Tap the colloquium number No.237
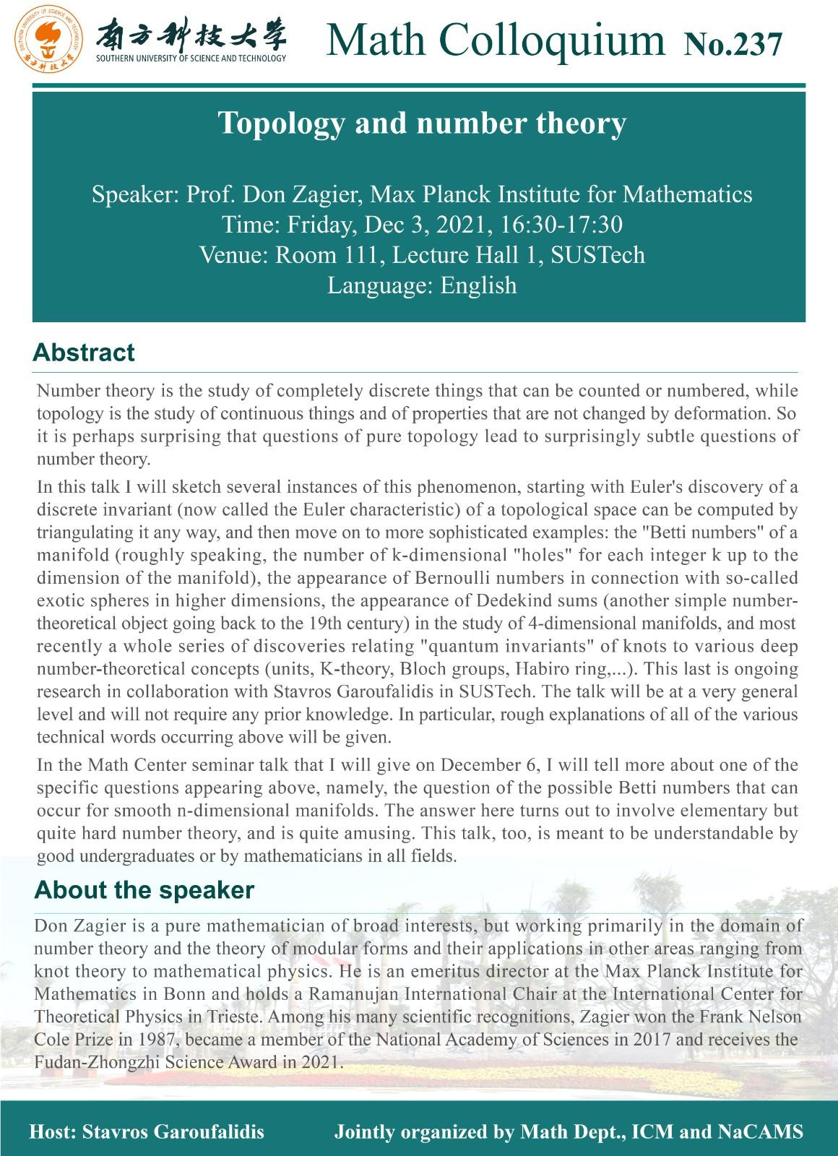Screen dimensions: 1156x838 [732, 43]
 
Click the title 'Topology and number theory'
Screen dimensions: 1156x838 [422, 124]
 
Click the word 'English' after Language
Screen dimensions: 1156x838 [478, 285]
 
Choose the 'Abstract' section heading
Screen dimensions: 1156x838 [84, 353]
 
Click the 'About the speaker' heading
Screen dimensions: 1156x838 [144, 890]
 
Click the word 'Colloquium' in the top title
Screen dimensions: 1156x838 [551, 40]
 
